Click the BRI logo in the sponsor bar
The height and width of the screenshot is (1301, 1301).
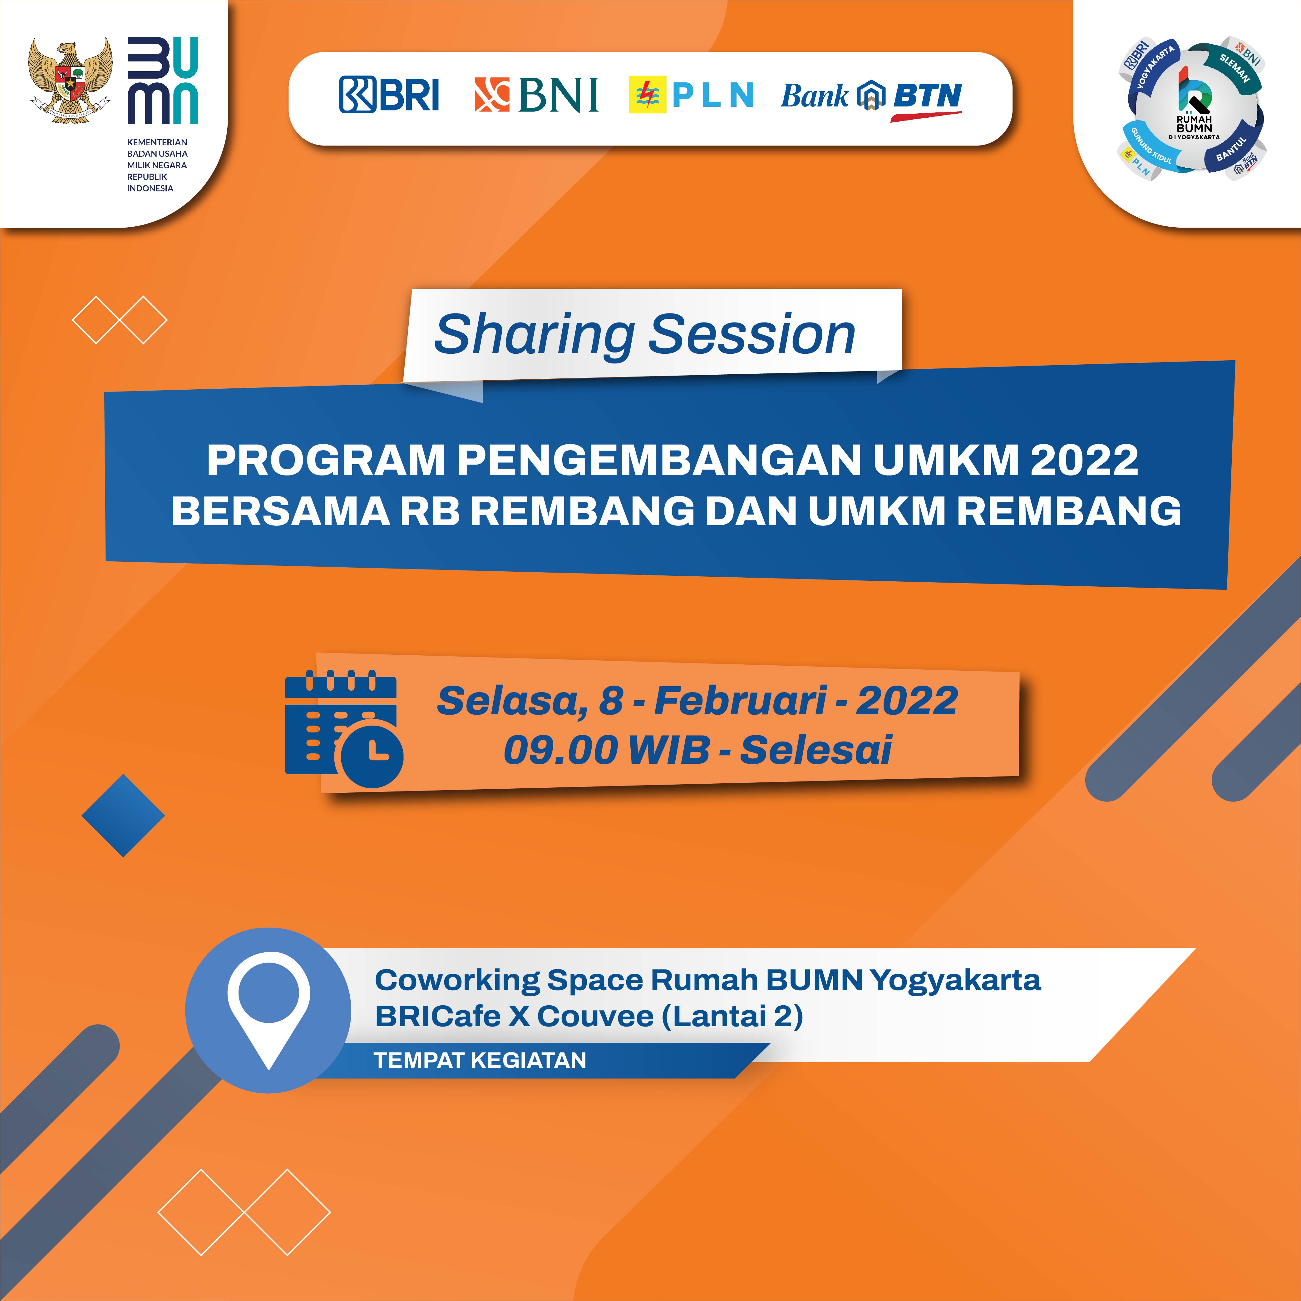tap(388, 94)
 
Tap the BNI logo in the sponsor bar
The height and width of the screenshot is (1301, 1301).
tap(536, 94)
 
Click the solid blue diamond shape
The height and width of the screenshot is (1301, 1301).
tap(123, 816)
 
